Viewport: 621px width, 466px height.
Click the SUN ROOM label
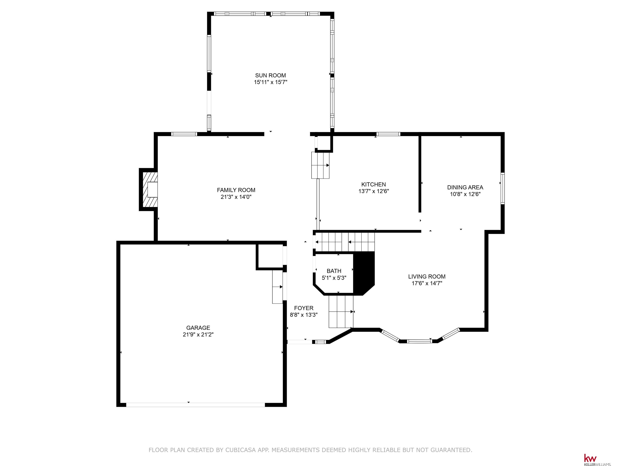[270, 75]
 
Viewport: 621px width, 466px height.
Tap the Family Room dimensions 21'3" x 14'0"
[236, 197]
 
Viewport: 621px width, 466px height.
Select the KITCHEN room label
[373, 184]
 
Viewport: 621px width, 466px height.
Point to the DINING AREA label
[465, 187]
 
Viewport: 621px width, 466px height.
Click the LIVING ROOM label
[427, 276]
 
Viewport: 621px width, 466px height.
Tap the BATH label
[334, 271]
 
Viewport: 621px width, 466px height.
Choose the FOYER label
[303, 308]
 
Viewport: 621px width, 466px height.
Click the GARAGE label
[198, 328]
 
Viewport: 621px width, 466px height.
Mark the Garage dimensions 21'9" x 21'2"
[198, 335]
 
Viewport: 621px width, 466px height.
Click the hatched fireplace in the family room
[149, 190]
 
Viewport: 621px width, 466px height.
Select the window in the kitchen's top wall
[388, 134]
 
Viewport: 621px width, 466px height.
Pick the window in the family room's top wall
[184, 134]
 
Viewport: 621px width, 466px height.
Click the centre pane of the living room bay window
[419, 341]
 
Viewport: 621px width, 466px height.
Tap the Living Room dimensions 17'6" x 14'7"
[427, 283]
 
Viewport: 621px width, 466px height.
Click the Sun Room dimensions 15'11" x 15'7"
[270, 82]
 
